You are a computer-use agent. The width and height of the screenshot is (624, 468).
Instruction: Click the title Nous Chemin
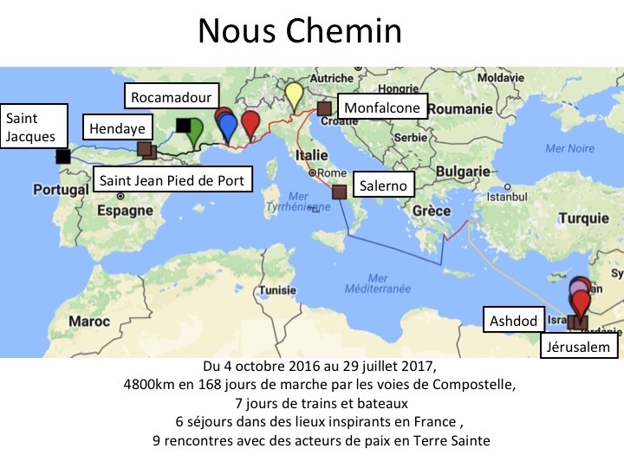click(299, 31)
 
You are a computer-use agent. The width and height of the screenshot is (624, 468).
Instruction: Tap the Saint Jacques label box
click(34, 127)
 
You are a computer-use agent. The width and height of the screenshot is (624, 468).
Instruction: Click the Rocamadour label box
click(171, 97)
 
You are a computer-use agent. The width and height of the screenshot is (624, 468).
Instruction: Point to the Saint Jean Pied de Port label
click(172, 181)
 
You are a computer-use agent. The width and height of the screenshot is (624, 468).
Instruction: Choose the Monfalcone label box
click(381, 108)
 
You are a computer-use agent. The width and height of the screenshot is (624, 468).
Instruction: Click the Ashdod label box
click(514, 321)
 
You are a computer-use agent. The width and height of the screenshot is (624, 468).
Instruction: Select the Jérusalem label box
click(580, 348)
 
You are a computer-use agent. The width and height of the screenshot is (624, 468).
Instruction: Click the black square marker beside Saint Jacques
click(62, 157)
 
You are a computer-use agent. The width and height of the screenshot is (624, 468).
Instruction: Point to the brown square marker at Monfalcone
click(324, 109)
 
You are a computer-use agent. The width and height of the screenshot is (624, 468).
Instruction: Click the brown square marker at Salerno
click(339, 192)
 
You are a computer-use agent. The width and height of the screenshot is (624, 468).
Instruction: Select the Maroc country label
click(90, 322)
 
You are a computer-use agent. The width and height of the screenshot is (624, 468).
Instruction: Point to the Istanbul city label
click(500, 196)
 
